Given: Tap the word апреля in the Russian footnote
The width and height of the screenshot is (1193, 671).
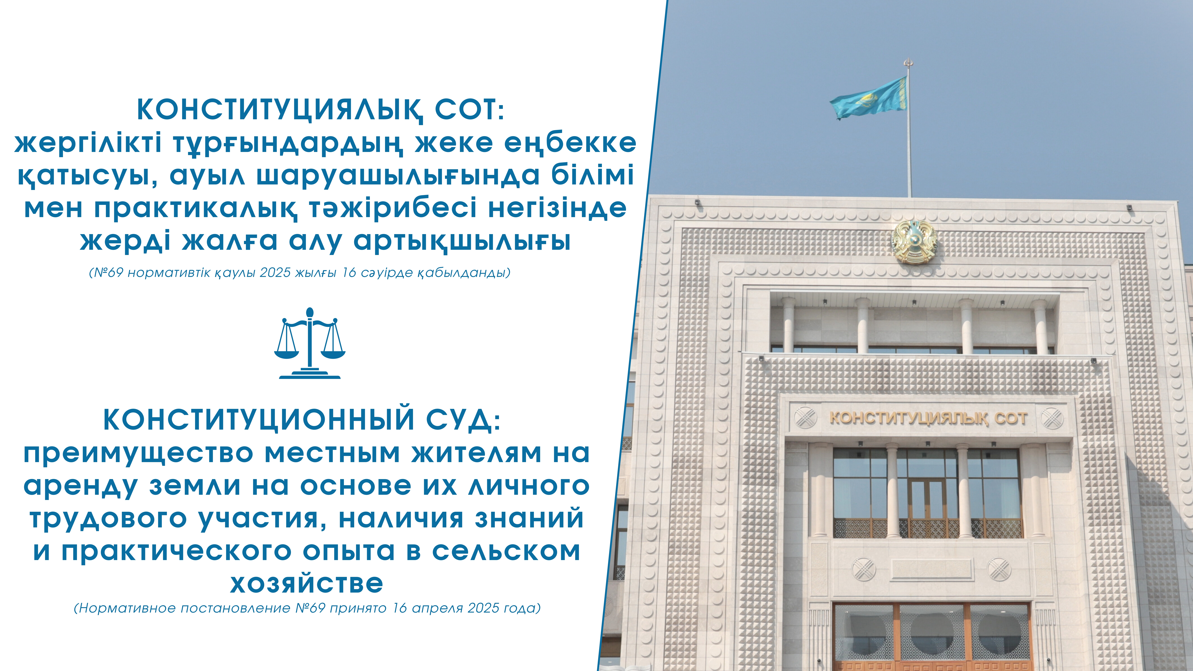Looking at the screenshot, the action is point(437,608).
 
